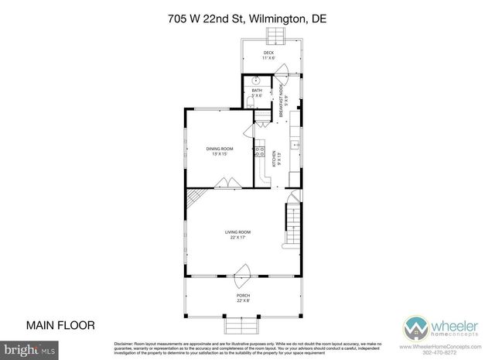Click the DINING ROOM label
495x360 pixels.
[x=219, y=150]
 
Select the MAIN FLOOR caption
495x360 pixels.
[x=60, y=325]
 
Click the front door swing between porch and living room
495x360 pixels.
[x=243, y=273]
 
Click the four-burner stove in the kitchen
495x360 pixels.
[x=260, y=153]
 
